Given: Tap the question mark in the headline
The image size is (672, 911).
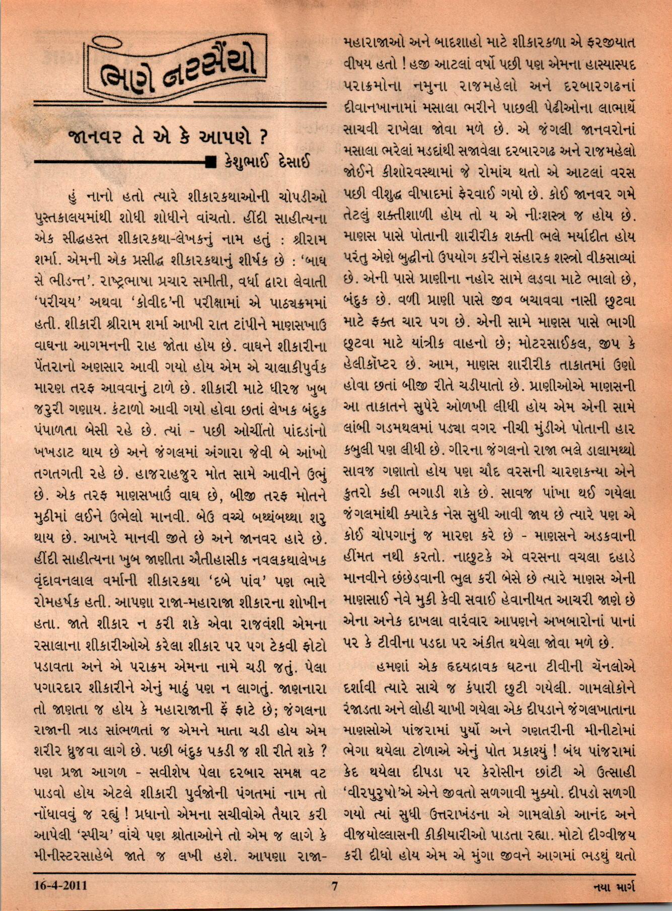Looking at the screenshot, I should pyautogui.click(x=261, y=137).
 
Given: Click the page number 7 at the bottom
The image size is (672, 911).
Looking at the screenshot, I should pyautogui.click(x=333, y=885).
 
